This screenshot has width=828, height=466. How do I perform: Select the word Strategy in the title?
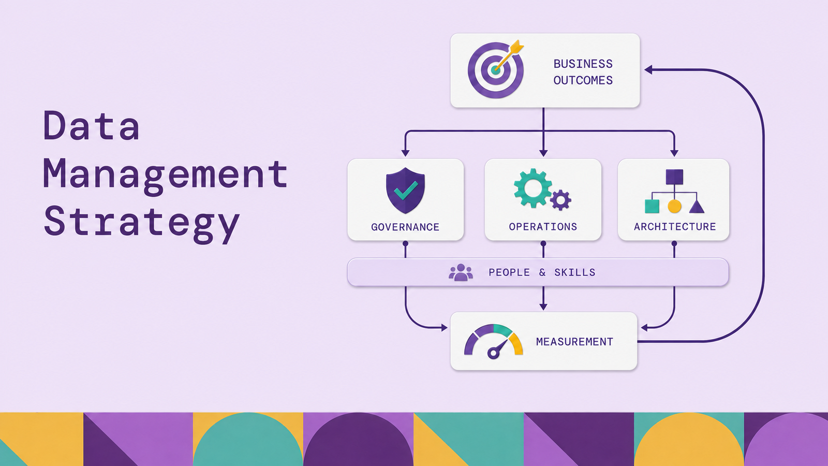point(142,224)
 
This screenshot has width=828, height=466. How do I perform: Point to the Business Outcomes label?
point(583,72)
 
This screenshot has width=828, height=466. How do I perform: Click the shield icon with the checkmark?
point(406,191)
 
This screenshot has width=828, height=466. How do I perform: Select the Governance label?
point(405,227)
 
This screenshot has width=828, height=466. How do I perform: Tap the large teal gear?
point(533,188)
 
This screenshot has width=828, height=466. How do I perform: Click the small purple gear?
point(561,200)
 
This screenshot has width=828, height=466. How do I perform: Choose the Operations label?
point(543,227)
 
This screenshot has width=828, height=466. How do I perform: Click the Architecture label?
point(675,227)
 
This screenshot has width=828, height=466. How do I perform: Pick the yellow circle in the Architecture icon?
point(675,207)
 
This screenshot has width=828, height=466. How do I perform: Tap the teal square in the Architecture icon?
point(652,207)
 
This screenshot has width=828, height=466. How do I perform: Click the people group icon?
point(461,272)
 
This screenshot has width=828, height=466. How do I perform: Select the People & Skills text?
point(542,272)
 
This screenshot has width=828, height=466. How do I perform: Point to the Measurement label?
point(574,342)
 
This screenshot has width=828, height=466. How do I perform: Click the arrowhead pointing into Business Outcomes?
point(648,69)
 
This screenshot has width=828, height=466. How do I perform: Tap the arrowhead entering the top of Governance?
point(406,153)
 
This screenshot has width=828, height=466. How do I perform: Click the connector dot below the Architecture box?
point(674,244)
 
